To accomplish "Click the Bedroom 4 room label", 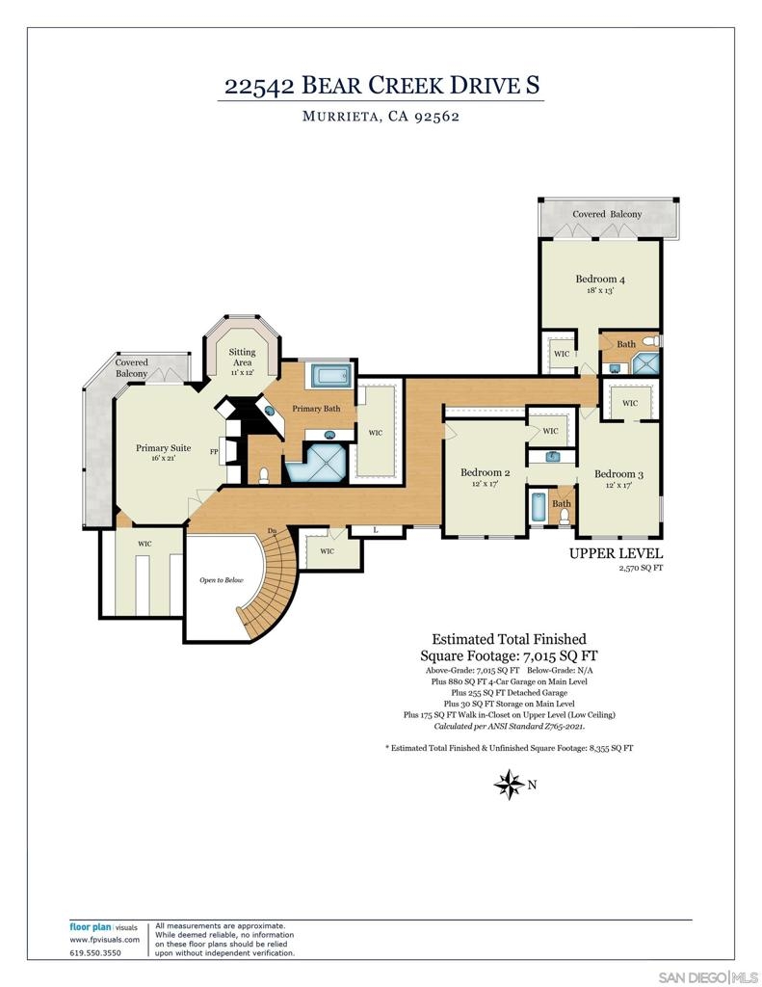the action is [x=599, y=279].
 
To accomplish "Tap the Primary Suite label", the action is [x=163, y=448].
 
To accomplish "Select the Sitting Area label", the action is [x=242, y=357].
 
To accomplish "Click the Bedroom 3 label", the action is [x=618, y=474].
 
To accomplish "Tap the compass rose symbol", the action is [x=509, y=785].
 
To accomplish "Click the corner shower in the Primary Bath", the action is [x=317, y=464].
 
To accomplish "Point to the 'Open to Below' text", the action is [x=221, y=579].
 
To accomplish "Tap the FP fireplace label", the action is [x=214, y=451].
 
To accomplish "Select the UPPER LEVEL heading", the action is [x=616, y=554].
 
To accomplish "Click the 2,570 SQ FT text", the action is [x=641, y=568].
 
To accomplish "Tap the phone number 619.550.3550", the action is [x=95, y=953].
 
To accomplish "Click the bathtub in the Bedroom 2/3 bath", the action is [x=537, y=507].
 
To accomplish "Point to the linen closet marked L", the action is [x=376, y=530].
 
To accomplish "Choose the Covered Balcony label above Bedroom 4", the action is [x=607, y=214].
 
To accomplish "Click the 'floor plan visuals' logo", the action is [x=103, y=927].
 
